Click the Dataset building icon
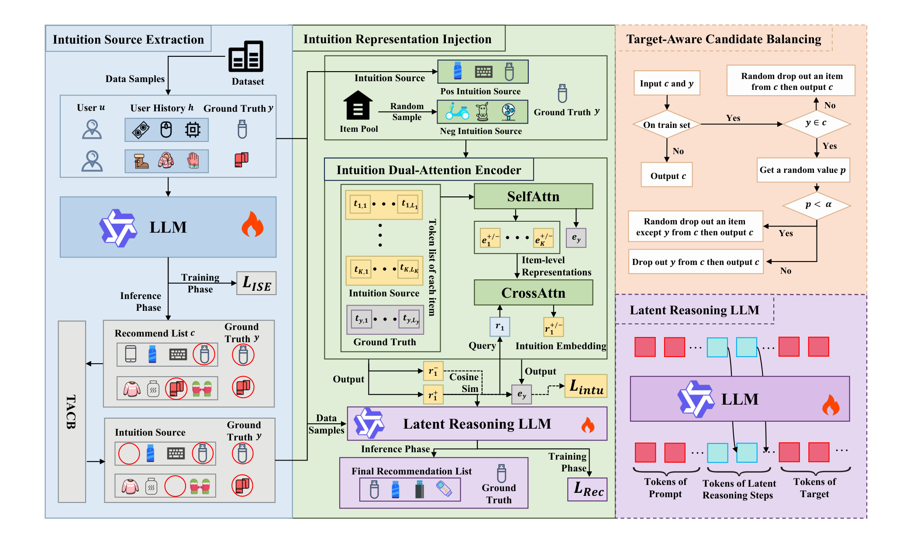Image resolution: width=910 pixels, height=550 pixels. pyautogui.click(x=246, y=56)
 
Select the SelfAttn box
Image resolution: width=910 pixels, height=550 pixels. pyautogui.click(x=533, y=196)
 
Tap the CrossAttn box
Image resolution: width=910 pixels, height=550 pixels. pyautogui.click(x=533, y=292)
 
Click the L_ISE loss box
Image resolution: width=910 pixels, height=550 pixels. pyautogui.click(x=256, y=283)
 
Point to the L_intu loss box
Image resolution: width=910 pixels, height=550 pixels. pyautogui.click(x=586, y=386)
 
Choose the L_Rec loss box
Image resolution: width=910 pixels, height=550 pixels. pyautogui.click(x=588, y=489)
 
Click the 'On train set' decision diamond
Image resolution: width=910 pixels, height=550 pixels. pyautogui.click(x=667, y=125)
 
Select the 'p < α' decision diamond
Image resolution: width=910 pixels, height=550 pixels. pyautogui.click(x=817, y=205)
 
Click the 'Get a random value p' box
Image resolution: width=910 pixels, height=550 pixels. pyautogui.click(x=803, y=170)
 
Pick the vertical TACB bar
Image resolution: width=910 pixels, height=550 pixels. pyautogui.click(x=72, y=412)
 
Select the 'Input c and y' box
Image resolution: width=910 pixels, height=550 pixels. pyautogui.click(x=667, y=83)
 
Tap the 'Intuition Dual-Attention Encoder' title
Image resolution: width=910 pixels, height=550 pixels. pyautogui.click(x=429, y=170)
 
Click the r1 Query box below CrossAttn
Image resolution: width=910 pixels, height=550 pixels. pyautogui.click(x=500, y=327)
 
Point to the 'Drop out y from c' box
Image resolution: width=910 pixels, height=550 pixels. pyautogui.click(x=696, y=262)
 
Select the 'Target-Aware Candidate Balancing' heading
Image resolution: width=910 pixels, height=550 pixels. pyautogui.click(x=724, y=39)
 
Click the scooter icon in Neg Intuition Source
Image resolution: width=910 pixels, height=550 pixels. pyautogui.click(x=457, y=111)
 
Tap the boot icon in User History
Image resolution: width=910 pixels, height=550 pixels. pyautogui.click(x=141, y=161)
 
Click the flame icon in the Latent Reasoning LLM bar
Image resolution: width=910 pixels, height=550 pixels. pyautogui.click(x=588, y=424)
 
